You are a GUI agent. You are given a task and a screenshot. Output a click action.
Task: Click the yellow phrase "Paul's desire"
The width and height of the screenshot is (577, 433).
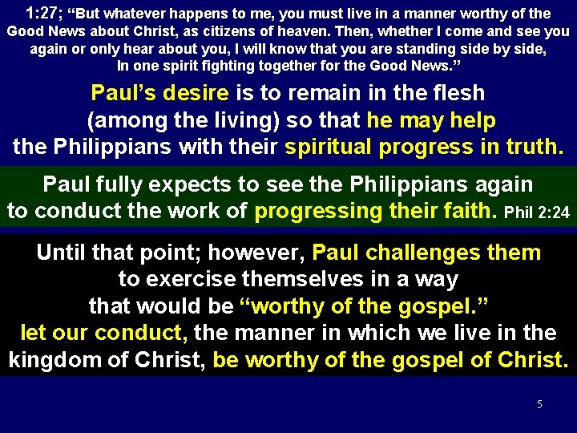[x=160, y=93]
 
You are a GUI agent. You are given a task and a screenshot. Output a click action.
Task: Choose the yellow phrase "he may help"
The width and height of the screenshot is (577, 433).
[x=431, y=120]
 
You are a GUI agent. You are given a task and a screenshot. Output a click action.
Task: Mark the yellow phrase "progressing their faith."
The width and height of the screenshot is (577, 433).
[x=377, y=212]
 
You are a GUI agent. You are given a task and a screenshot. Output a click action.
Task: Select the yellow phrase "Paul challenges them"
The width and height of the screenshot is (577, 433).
[x=426, y=253]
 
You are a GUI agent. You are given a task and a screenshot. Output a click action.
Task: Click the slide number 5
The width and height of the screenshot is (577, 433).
[x=539, y=404]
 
